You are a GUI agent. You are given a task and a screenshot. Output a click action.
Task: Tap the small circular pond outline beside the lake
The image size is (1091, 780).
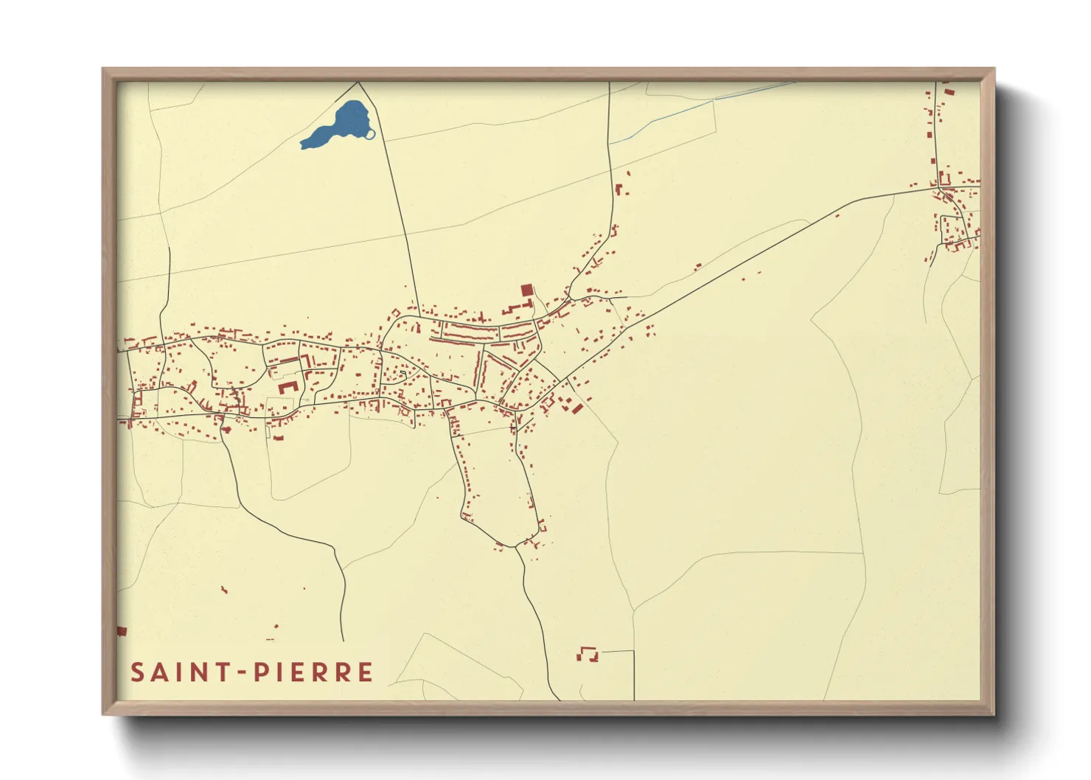370,133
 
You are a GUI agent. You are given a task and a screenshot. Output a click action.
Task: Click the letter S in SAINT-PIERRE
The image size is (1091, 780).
138,672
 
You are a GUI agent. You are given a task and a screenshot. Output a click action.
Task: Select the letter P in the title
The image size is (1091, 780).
260,672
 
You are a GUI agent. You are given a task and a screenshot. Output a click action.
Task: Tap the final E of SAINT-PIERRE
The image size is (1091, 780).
365,672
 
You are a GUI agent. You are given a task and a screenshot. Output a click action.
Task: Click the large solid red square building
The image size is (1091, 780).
526,290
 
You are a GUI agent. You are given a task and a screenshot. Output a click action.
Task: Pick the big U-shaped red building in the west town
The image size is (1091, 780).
287,386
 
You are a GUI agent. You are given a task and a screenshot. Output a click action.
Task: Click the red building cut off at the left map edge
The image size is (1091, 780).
122,631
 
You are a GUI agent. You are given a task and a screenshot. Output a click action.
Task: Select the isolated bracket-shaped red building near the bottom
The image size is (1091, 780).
588,653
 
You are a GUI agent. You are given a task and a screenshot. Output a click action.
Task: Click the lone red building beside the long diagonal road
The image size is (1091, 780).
697,266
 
